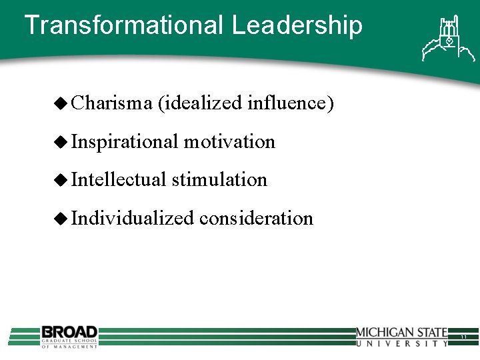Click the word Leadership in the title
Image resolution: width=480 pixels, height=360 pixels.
[297, 25]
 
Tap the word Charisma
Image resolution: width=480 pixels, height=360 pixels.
[112, 103]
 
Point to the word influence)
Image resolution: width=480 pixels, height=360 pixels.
[290, 103]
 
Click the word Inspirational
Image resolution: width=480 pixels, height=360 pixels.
[124, 142]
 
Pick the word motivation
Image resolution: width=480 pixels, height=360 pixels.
[229, 141]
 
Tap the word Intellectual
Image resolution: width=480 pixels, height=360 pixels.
[118, 179]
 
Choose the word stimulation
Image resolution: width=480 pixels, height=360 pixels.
[219, 179]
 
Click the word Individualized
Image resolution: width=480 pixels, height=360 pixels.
[133, 218]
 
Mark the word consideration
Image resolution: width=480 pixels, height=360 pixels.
[257, 218]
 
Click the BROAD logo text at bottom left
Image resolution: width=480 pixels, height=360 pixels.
[69, 331]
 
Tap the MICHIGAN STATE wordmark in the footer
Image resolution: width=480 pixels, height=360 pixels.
[401, 332]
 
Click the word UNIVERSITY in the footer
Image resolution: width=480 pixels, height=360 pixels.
[401, 343]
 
